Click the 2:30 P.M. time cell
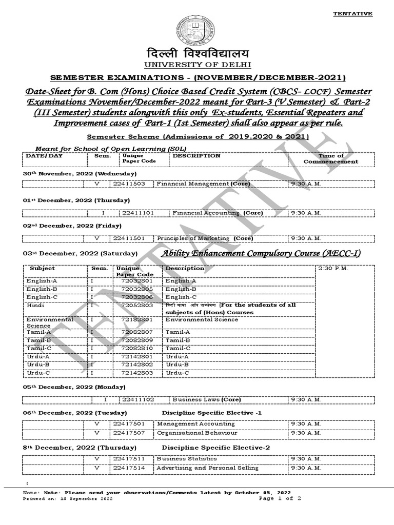[x=334, y=269]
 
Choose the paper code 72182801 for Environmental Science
[x=136, y=319]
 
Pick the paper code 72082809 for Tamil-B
[x=136, y=340]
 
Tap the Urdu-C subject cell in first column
[x=39, y=373]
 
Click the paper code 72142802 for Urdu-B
[x=136, y=365]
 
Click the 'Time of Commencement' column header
[x=330, y=158]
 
